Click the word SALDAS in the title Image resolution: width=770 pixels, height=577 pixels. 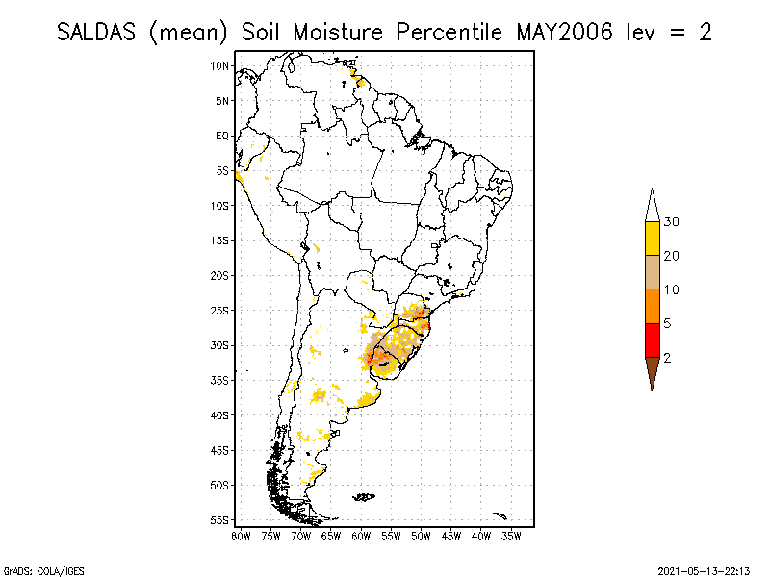click(99, 32)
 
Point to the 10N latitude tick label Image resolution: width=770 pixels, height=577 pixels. click(220, 65)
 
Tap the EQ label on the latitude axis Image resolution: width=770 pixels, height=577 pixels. click(222, 136)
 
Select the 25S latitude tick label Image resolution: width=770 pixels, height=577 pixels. click(220, 311)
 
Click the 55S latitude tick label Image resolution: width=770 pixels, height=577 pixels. click(220, 520)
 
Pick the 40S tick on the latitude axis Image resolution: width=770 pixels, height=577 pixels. click(220, 415)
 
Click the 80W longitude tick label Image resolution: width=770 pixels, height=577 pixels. click(241, 535)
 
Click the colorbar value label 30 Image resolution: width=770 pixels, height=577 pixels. click(672, 222)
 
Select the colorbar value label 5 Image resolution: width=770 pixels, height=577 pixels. click(667, 323)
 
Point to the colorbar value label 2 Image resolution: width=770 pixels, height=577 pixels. click(667, 357)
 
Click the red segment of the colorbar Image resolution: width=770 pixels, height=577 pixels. click(652, 339)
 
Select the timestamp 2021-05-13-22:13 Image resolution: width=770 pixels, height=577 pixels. click(704, 569)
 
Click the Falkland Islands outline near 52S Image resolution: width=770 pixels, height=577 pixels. click(364, 497)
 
